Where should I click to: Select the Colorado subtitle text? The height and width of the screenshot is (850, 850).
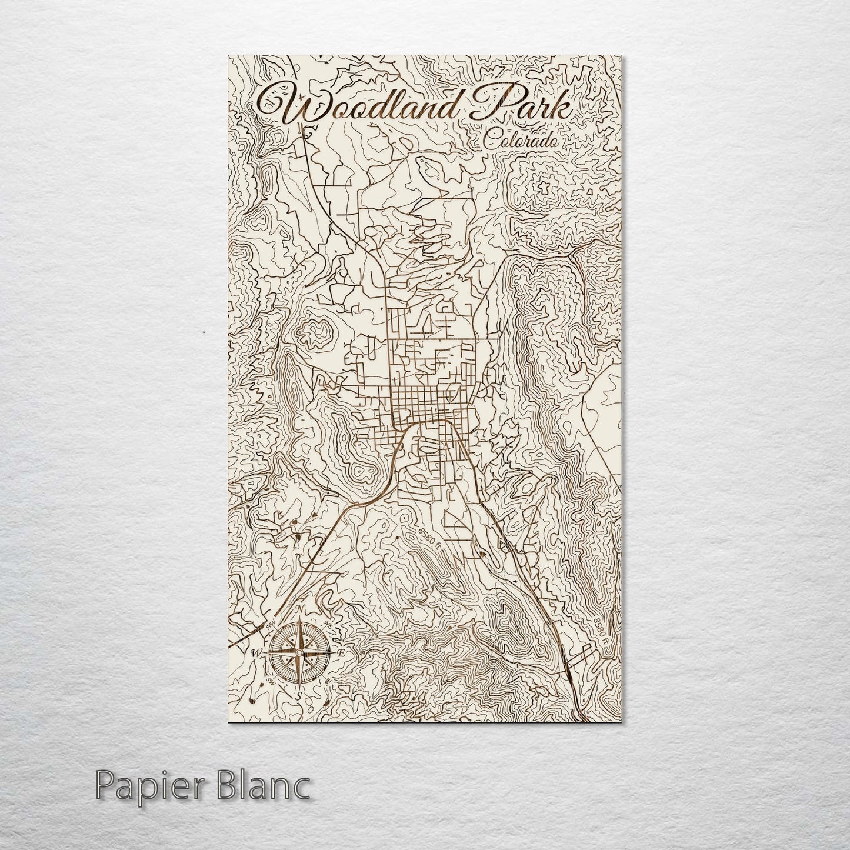pos(520,141)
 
